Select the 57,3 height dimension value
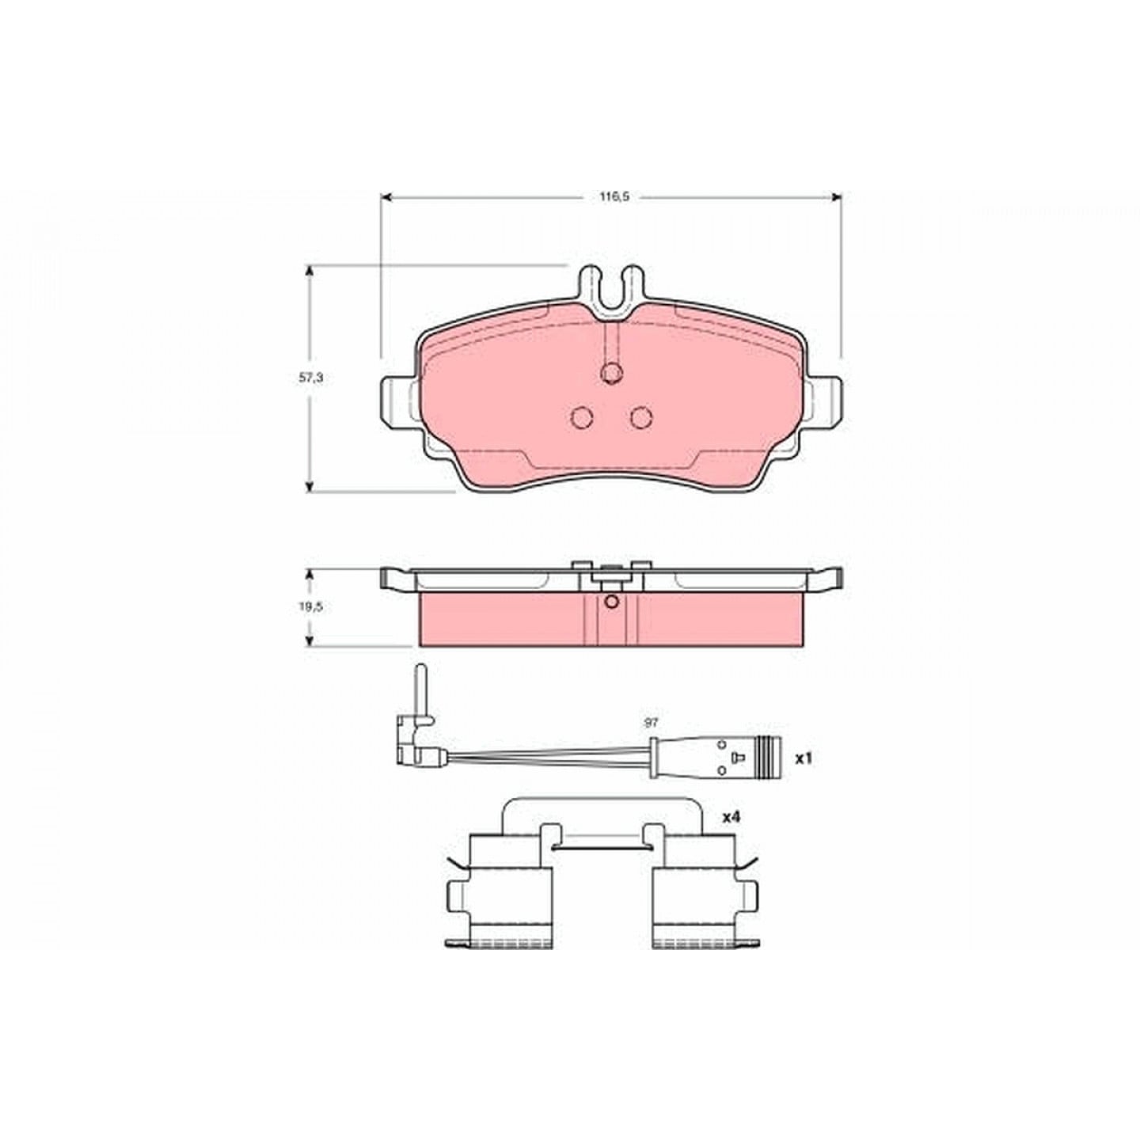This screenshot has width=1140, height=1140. click(x=310, y=378)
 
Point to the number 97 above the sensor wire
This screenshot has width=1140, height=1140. click(x=652, y=722)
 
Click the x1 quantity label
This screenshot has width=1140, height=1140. click(x=803, y=758)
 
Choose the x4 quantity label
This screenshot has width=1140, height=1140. click(x=731, y=817)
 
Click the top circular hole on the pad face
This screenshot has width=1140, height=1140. click(x=610, y=373)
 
